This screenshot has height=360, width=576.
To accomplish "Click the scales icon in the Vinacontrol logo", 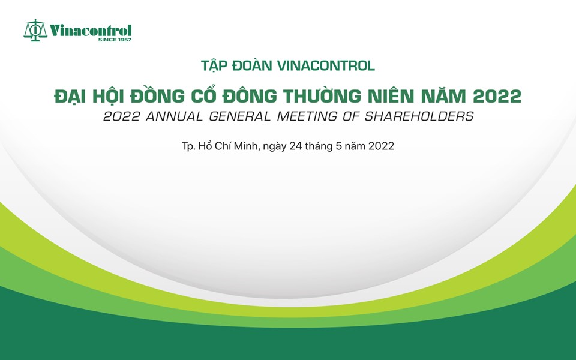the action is [35, 30].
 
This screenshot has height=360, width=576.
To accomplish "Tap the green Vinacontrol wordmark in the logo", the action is [91, 31].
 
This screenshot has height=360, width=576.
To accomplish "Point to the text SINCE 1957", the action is [115, 40].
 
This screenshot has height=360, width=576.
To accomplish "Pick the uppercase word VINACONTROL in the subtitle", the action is [326, 65].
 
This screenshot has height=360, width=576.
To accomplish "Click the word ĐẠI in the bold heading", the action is [70, 96].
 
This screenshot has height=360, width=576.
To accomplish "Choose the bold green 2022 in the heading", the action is [497, 96].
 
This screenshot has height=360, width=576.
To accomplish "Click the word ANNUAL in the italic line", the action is [174, 116].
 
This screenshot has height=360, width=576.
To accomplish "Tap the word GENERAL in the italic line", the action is [239, 116].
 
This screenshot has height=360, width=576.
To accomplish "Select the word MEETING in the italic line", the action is [307, 116].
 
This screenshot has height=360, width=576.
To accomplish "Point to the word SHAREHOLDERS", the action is [419, 116].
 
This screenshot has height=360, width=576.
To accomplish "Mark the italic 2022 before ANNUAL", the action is [122, 116].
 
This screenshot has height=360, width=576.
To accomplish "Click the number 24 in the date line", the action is [295, 146].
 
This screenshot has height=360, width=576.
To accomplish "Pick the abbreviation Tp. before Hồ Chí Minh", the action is [188, 146].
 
